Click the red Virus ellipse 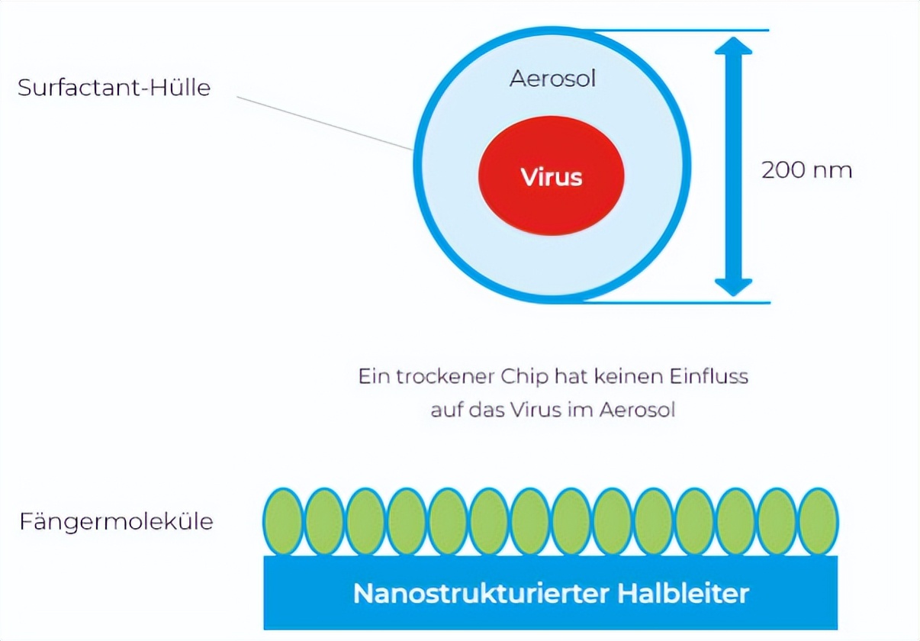(551, 177)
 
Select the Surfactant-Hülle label (114, 88)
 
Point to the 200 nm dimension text (806, 169)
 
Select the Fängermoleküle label (116, 523)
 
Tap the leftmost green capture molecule (283, 521)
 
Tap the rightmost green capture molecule (819, 521)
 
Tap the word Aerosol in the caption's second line (638, 410)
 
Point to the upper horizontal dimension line (679, 31)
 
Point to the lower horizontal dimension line (679, 302)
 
